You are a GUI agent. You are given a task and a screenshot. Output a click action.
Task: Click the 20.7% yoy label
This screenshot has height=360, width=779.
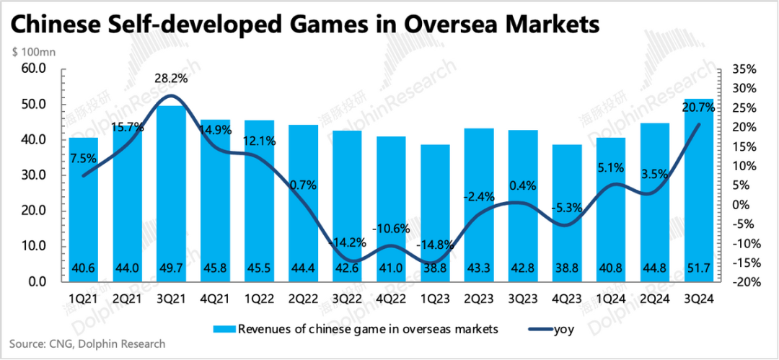698,107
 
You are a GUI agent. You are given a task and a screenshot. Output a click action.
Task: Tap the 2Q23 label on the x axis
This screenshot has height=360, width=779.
479,297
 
